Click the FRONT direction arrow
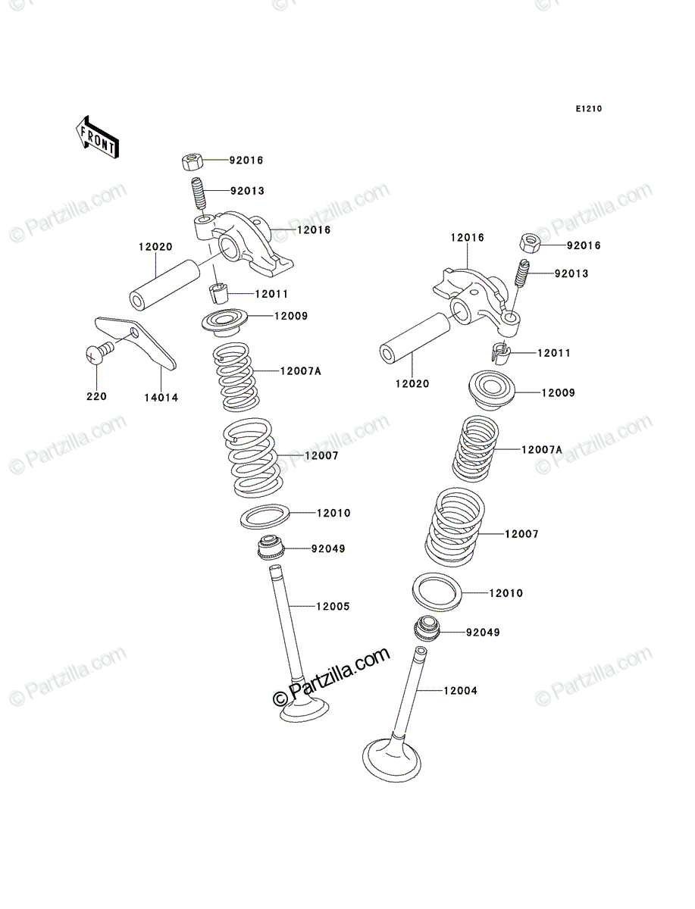(97, 138)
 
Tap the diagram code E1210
(588, 109)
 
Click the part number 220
(96, 396)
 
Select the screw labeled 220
(100, 352)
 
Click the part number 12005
(333, 606)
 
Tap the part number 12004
(460, 691)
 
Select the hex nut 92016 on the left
(193, 161)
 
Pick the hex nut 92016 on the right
(530, 242)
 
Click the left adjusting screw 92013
(199, 194)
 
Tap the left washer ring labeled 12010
(265, 517)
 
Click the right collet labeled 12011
(500, 353)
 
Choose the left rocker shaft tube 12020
(164, 284)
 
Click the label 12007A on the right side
(542, 450)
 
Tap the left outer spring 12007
(253, 458)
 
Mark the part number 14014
(161, 398)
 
